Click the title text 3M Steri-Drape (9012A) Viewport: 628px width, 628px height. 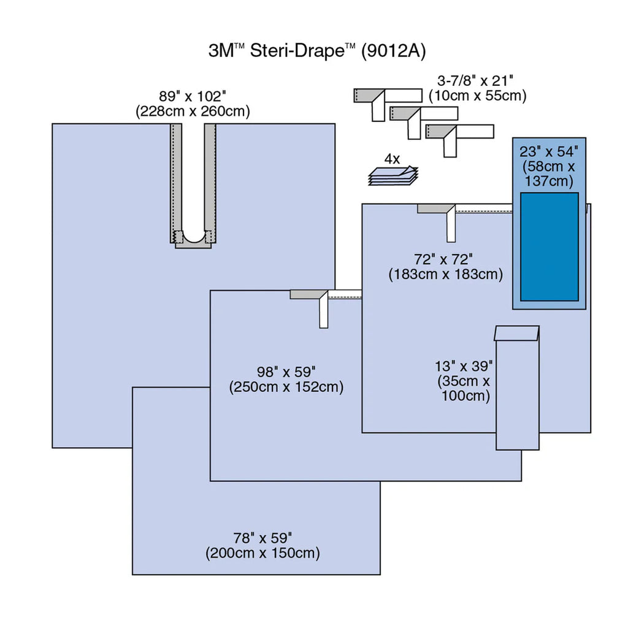(316, 51)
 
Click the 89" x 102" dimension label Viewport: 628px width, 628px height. (193, 96)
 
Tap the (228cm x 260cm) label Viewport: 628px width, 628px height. (193, 111)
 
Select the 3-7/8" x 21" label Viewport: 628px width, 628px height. (475, 80)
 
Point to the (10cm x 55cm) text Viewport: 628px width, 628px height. (477, 95)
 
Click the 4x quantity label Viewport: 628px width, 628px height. (392, 158)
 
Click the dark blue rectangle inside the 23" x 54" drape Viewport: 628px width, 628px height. (549, 247)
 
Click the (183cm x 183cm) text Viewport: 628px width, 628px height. (445, 274)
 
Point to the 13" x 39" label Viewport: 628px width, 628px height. (464, 366)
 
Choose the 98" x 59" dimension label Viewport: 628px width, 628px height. (286, 371)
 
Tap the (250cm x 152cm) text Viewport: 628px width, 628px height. (286, 387)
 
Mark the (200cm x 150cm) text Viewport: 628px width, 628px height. (262, 553)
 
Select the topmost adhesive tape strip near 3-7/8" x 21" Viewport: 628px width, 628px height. (388, 96)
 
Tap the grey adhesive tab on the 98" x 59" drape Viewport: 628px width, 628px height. (305, 294)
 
